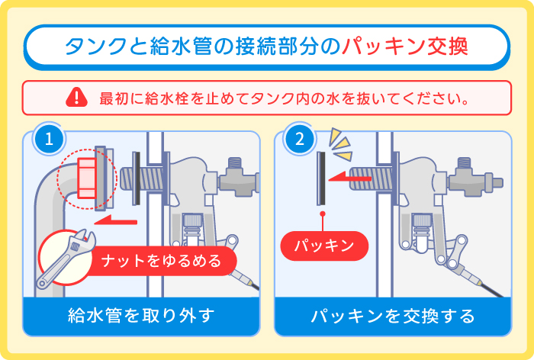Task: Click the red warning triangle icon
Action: pyautogui.click(x=76, y=97)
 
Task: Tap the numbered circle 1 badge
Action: pyautogui.click(x=49, y=140)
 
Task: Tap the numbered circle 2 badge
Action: pyautogui.click(x=298, y=140)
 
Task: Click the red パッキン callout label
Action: pyautogui.click(x=324, y=246)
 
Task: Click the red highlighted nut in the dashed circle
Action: pyautogui.click(x=85, y=176)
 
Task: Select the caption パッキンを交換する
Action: pyautogui.click(x=393, y=315)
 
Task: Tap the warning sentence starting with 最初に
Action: pyautogui.click(x=283, y=98)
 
